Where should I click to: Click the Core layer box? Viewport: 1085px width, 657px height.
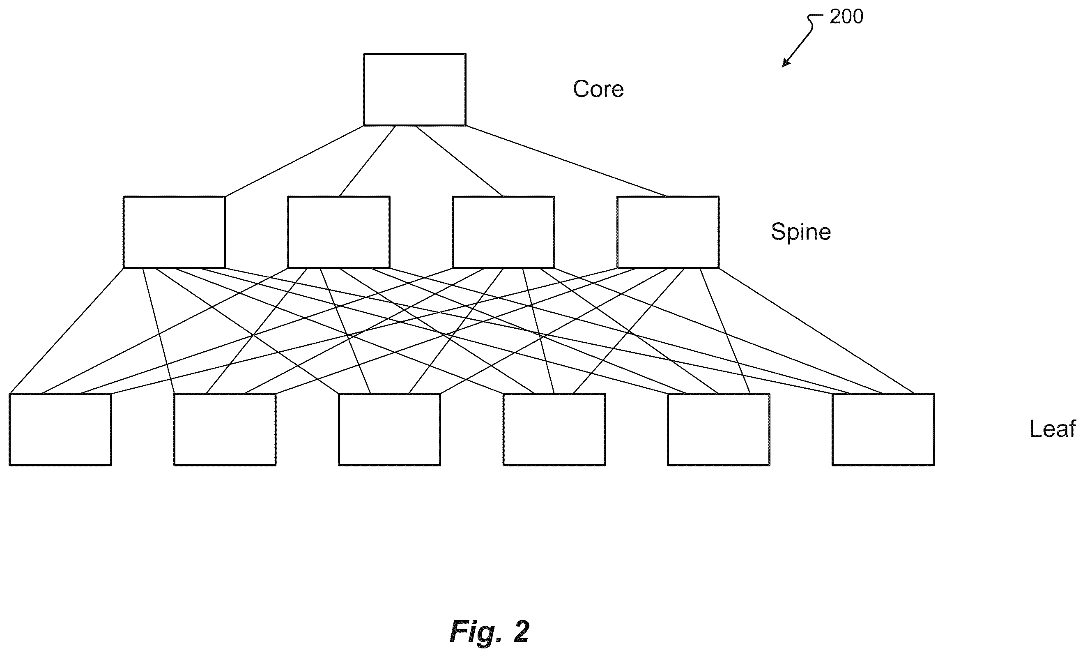415,90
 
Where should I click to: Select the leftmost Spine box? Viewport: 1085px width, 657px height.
175,232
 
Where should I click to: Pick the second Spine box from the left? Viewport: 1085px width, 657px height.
339,232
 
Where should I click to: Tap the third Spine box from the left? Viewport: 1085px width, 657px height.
503,232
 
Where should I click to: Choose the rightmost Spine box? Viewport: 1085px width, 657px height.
668,232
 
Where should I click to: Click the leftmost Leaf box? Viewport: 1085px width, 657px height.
60,429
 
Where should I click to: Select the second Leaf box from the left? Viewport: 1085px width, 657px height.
225,429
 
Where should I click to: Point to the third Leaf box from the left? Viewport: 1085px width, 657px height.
390,429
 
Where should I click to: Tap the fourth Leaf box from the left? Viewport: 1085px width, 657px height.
554,429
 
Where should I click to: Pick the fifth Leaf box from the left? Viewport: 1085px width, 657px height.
719,429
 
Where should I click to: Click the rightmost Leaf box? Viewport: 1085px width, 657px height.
883,429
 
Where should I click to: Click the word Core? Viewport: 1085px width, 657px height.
598,90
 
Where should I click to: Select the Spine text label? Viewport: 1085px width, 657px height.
801,232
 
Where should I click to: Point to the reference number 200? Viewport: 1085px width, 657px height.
846,17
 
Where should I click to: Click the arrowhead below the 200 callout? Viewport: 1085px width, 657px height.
785,63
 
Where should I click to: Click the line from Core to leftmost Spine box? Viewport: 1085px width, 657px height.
294,161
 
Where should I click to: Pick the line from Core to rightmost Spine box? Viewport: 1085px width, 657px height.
566,161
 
